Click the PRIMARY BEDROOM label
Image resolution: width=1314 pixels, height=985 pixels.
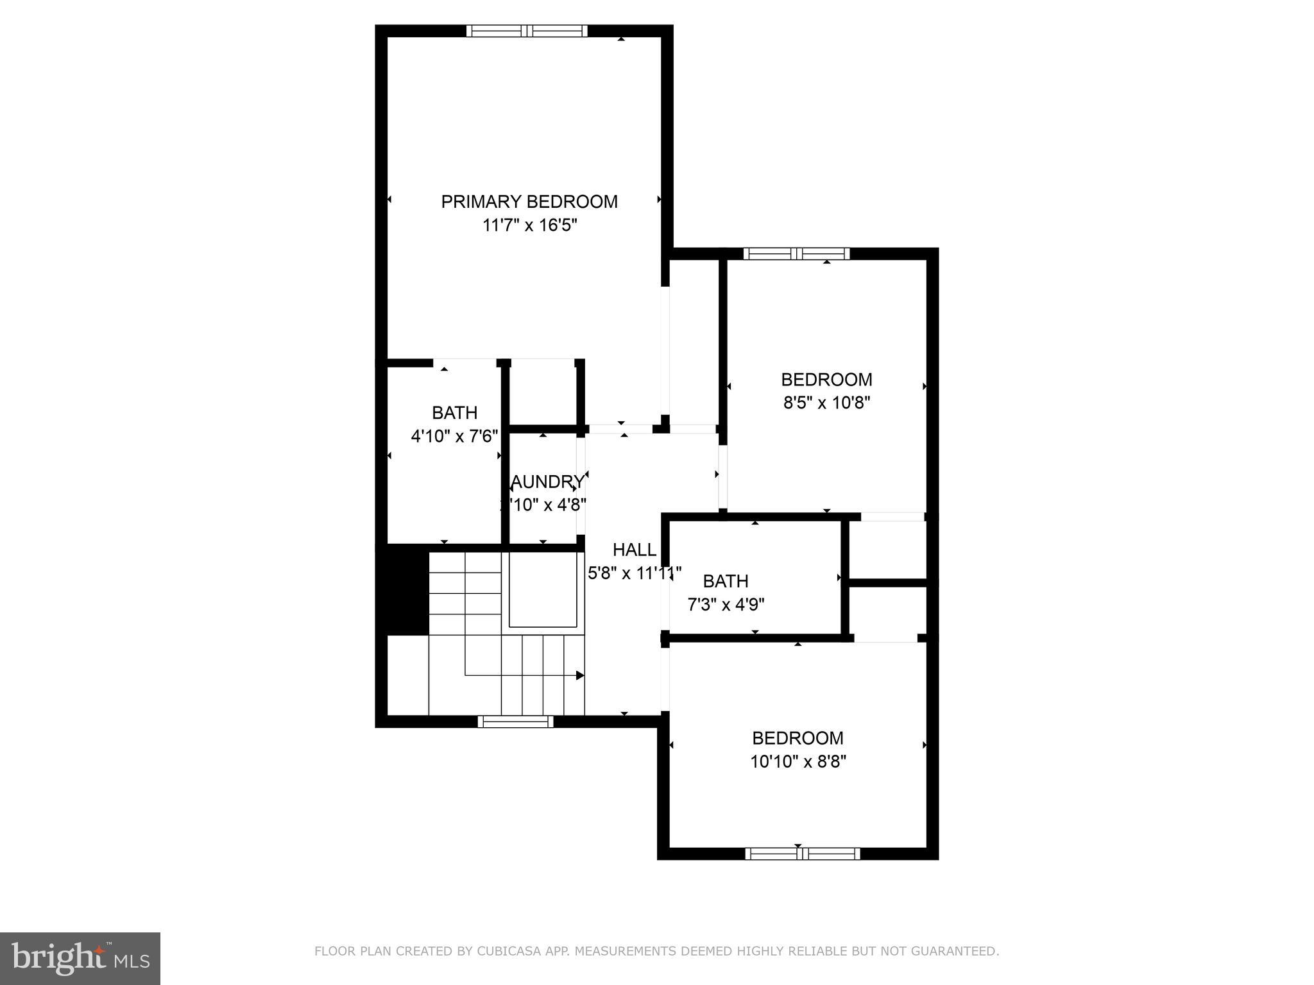(x=529, y=202)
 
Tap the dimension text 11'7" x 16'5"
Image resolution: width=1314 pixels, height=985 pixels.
(x=530, y=226)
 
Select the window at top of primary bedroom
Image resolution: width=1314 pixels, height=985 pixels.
(x=527, y=31)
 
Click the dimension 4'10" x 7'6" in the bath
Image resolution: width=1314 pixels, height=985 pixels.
(x=454, y=437)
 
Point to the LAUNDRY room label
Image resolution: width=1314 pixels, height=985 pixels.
(x=547, y=482)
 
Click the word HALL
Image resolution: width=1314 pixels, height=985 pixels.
(x=634, y=550)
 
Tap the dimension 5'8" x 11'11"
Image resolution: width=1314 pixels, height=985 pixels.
(x=634, y=573)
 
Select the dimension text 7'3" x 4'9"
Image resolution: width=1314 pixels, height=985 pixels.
(x=726, y=605)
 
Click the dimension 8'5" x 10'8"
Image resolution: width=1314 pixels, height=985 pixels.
(x=826, y=403)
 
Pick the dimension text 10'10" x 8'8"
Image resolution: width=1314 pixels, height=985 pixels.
(x=798, y=762)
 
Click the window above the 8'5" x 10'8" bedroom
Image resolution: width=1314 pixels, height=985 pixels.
(x=796, y=254)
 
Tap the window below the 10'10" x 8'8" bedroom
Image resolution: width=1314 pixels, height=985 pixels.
(x=802, y=854)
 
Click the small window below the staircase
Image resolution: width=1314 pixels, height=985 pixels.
(x=515, y=722)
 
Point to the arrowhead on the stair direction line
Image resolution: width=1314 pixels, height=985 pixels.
(x=580, y=675)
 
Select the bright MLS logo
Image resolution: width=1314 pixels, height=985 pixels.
(x=80, y=958)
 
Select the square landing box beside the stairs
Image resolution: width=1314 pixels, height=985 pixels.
(x=544, y=591)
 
